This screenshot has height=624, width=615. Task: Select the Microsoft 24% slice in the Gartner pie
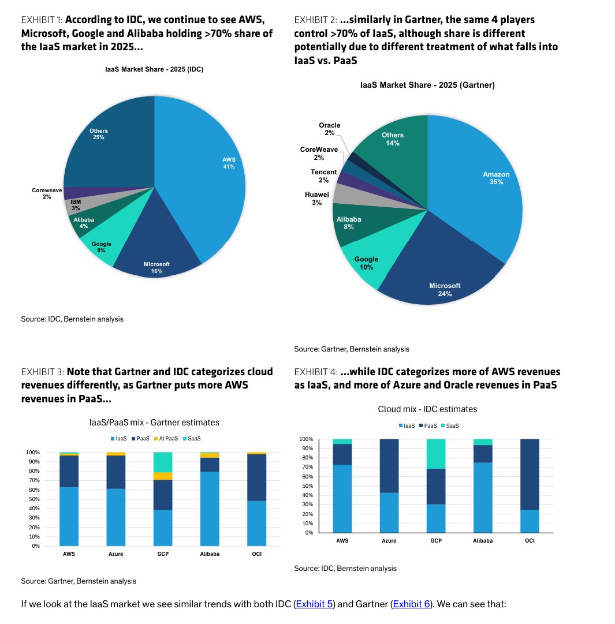442,271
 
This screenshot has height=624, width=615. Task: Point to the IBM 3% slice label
76,205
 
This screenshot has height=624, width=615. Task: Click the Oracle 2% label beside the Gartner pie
330,129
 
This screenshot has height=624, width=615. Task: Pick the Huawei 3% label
317,198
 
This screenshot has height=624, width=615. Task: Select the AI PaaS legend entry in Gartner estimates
166,439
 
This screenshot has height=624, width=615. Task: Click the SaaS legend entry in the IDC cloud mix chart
450,426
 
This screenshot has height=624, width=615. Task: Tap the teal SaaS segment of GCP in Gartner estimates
163,462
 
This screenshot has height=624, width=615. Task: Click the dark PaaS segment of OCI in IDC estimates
530,474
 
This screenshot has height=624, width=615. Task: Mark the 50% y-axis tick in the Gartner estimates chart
34,499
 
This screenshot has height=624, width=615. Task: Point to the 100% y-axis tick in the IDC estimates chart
306,439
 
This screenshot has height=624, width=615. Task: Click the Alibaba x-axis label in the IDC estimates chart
483,540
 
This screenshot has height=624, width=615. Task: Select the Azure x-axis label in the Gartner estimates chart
116,554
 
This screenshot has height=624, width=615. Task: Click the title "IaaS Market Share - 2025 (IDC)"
154,69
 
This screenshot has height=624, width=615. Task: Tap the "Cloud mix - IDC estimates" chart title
427,409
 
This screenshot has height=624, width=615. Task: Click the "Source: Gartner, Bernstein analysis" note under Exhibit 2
352,349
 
